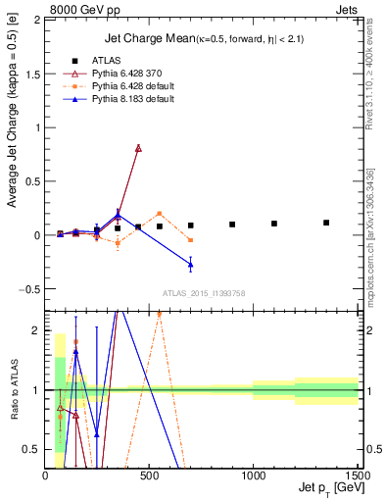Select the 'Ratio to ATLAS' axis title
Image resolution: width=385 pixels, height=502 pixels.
click(13, 389)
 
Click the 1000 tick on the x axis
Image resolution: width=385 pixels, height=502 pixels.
click(253, 475)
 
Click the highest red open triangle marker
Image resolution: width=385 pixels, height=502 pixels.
click(138, 148)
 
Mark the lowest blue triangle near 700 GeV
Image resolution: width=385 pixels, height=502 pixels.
click(190, 265)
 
